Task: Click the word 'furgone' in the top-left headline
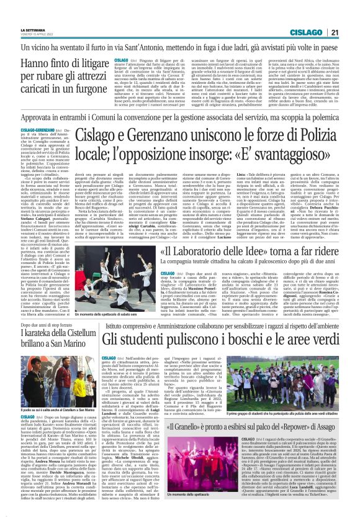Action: point(86,91)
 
